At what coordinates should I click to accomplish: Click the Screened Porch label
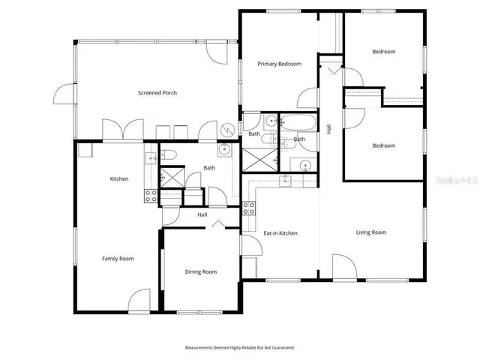pyautogui.click(x=157, y=93)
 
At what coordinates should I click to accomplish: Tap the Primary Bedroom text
pyautogui.click(x=279, y=64)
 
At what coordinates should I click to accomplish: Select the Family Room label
pyautogui.click(x=118, y=258)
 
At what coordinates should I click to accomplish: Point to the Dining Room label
pyautogui.click(x=201, y=271)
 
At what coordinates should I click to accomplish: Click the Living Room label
pyautogui.click(x=370, y=232)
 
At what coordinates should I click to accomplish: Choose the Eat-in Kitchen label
pyautogui.click(x=280, y=233)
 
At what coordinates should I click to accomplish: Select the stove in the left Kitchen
pyautogui.click(x=151, y=196)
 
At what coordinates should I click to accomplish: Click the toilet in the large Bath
pyautogui.click(x=169, y=155)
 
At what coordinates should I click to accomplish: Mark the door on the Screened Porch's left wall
pyautogui.click(x=64, y=96)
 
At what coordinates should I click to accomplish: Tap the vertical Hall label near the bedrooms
pyautogui.click(x=328, y=129)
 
